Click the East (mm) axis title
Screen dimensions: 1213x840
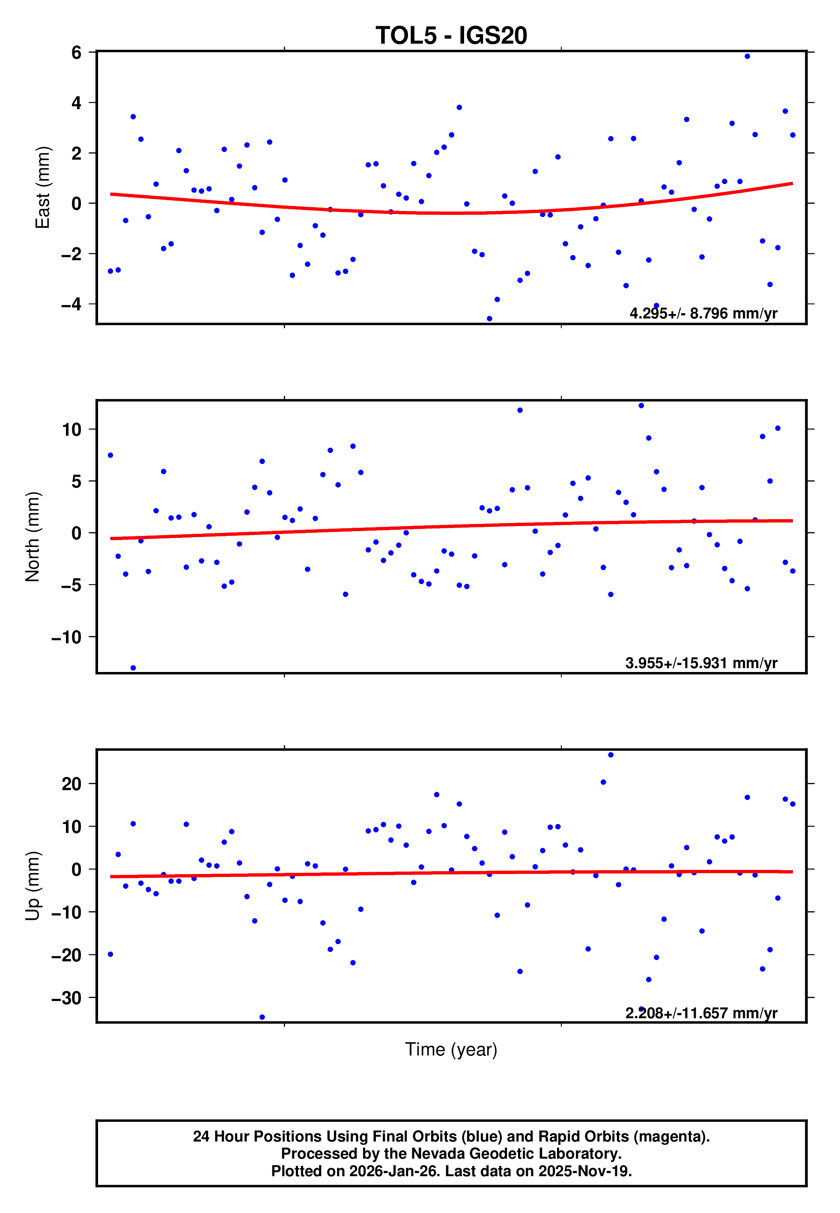coord(43,187)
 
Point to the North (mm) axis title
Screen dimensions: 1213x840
coord(33,537)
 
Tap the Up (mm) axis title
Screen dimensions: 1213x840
coord(33,886)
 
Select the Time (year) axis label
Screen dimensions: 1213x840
coord(451,1049)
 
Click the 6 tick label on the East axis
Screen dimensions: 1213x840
coord(77,52)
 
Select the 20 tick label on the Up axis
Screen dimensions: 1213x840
coord(71,784)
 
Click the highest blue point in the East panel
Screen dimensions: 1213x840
coord(748,56)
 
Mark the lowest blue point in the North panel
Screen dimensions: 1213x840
coord(133,668)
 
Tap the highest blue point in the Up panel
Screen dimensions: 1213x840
coord(611,755)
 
